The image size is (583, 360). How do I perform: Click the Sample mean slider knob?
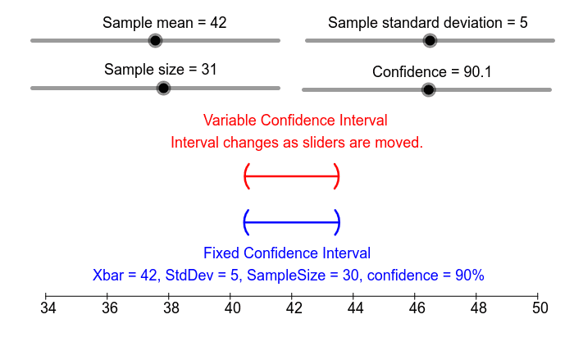pyautogui.click(x=155, y=40)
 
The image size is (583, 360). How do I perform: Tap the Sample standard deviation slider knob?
pyautogui.click(x=430, y=40)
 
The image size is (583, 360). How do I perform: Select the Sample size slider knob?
pyautogui.click(x=163, y=88)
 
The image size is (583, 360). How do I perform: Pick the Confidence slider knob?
pyautogui.click(x=428, y=89)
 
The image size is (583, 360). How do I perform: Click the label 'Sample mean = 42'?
pyautogui.click(x=165, y=22)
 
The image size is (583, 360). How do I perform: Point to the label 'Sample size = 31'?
pyautogui.click(x=161, y=70)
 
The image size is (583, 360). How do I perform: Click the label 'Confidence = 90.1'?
pyautogui.click(x=432, y=72)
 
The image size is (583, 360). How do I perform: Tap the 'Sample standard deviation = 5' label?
pyautogui.click(x=428, y=22)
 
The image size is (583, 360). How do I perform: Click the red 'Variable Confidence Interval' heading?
pyautogui.click(x=295, y=121)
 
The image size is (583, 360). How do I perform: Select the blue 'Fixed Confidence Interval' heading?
pyautogui.click(x=287, y=253)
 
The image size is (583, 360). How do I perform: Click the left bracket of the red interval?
pyautogui.click(x=246, y=175)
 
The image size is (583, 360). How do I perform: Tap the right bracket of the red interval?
pyautogui.click(x=337, y=175)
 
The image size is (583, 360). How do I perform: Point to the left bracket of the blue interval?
pyautogui.click(x=246, y=221)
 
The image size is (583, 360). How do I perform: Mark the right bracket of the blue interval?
pyautogui.click(x=337, y=221)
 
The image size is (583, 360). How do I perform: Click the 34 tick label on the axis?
pyautogui.click(x=48, y=309)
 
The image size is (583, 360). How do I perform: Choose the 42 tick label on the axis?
pyautogui.click(x=294, y=309)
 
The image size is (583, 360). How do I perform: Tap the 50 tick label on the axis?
pyautogui.click(x=540, y=309)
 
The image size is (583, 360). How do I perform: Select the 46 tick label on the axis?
pyautogui.click(x=417, y=309)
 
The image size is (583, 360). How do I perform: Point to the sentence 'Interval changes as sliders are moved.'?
pyautogui.click(x=297, y=143)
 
